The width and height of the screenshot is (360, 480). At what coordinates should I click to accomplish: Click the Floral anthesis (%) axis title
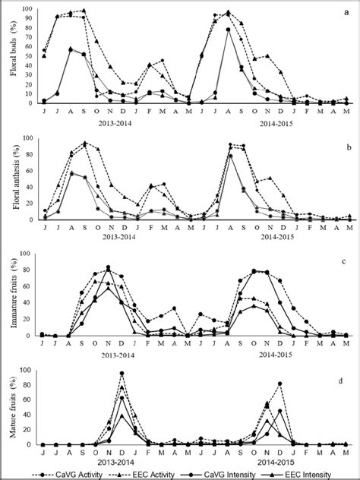coord(10,179)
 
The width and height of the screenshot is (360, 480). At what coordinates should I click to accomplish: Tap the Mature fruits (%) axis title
coord(10,408)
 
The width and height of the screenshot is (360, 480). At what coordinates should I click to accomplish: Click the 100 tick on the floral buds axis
coord(27,10)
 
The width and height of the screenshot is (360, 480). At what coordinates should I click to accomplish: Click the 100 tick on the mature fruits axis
coord(27,371)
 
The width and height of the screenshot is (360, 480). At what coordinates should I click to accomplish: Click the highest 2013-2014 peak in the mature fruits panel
coord(122,374)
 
